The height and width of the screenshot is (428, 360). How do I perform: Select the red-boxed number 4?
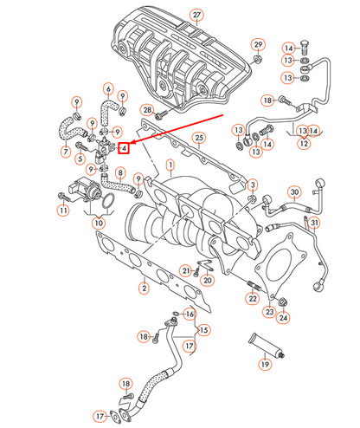125,148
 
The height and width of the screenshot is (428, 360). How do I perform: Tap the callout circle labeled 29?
257,44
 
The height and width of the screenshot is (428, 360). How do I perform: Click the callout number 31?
315,224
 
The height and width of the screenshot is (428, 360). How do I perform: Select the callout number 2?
144,287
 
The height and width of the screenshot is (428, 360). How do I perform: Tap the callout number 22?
252,298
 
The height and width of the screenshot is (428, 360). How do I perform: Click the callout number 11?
62,211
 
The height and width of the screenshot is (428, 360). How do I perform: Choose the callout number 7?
65,152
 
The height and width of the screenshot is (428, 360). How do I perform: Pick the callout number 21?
186,271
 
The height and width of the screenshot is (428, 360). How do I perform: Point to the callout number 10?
98,224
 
